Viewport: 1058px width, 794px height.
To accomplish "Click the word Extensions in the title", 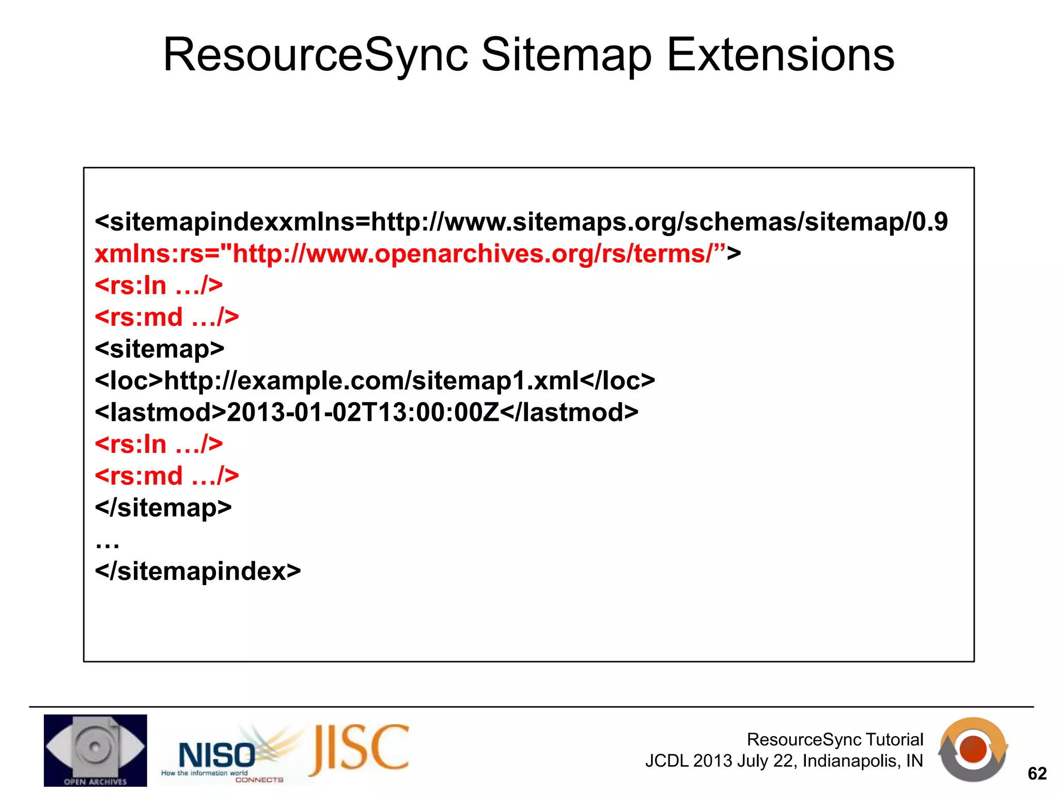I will pos(780,55).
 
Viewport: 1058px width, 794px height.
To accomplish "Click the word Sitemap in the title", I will pos(566,56).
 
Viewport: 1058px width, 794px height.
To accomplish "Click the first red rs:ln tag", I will pos(159,285).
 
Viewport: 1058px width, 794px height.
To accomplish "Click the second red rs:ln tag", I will pos(159,444).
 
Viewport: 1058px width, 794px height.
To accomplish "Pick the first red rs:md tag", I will pos(166,317).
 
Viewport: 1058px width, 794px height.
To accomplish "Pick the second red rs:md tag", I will pos(166,476).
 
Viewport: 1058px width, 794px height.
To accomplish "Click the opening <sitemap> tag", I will pos(159,349).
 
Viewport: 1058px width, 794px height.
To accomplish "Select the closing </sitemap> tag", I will pos(163,508).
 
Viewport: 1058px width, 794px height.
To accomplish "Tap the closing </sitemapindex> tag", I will pos(197,571).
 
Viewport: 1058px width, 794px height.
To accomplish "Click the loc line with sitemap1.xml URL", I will pos(375,381).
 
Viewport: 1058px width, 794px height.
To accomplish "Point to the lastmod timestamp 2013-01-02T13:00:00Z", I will pos(363,413).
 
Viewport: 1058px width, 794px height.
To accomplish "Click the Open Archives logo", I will pos(95,750).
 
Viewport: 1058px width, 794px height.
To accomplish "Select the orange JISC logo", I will pos(360,749).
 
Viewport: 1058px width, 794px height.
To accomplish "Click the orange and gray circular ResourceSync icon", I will pos(973,749).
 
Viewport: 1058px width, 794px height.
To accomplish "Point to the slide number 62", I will pos(1037,773).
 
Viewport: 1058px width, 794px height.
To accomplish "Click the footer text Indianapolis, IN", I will pos(862,761).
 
